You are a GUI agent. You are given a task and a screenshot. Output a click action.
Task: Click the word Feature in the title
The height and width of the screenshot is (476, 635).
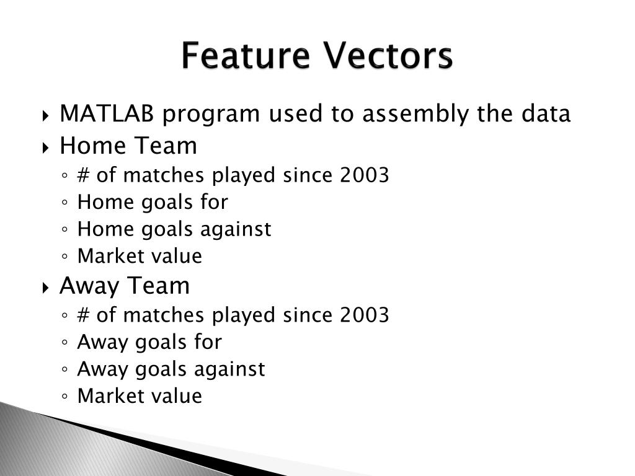coord(246,55)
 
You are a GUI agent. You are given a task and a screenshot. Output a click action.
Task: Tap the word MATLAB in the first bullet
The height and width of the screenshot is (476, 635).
coord(107,113)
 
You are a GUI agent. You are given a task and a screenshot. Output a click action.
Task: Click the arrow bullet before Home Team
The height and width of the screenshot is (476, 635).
coord(45,148)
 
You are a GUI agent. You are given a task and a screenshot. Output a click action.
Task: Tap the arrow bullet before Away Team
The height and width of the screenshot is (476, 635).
coord(45,288)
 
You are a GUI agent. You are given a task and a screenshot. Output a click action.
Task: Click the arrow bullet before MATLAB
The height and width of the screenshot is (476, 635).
coord(45,116)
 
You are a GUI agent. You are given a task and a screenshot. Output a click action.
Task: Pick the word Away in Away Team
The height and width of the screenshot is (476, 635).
coord(89,286)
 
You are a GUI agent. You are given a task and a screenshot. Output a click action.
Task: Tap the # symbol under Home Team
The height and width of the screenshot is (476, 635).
coord(84,175)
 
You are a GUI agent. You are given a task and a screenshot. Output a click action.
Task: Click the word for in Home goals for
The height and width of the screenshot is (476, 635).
coord(214,201)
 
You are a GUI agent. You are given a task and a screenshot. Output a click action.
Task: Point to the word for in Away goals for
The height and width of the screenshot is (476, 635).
coord(208,342)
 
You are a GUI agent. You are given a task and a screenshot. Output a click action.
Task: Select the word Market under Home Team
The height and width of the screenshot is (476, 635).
coord(105,256)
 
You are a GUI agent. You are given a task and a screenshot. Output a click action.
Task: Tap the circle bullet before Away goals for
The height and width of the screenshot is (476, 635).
coord(64,342)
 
